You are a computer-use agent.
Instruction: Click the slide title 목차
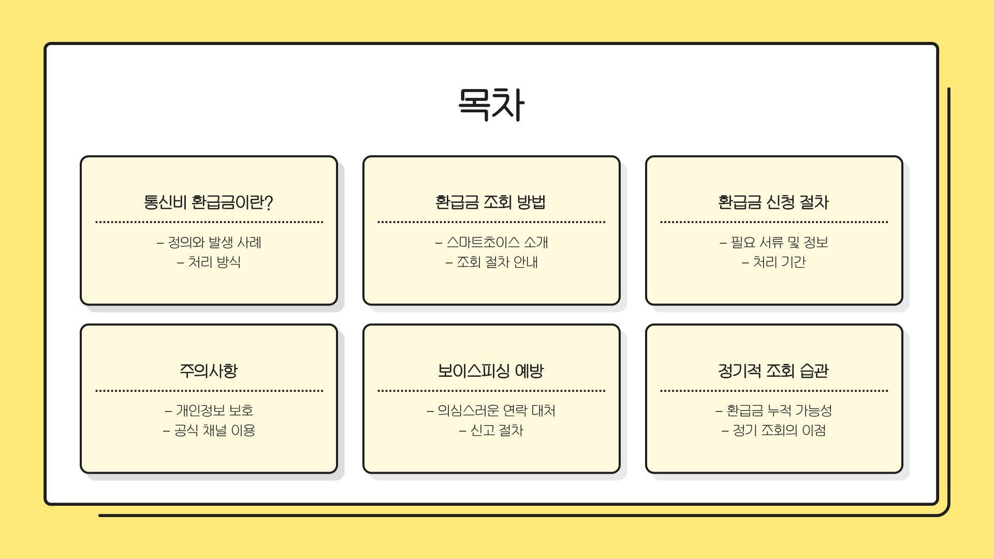pos(491,105)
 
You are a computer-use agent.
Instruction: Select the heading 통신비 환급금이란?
pos(208,202)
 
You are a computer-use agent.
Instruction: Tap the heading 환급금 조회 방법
pos(491,202)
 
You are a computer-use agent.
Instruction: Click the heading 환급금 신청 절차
pos(773,202)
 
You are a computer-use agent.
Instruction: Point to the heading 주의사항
pos(209,371)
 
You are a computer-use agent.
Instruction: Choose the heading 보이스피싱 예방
pos(491,371)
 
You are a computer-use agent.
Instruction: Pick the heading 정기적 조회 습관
pos(773,371)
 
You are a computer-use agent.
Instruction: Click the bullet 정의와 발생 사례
pos(214,242)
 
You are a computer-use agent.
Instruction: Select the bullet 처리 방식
pos(214,262)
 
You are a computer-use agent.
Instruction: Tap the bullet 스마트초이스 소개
pos(497,242)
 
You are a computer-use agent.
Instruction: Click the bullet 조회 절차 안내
pos(497,262)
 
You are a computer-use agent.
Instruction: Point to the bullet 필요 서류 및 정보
pos(779,242)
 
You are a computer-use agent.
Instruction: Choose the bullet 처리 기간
pos(779,262)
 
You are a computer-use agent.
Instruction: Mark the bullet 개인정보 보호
pos(214,410)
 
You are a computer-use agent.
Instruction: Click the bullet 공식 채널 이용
pos(214,430)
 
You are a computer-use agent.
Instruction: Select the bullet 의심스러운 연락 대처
pos(496,410)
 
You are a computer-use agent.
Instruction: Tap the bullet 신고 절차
pos(496,430)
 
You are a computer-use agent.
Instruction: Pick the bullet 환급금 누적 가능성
pos(779,410)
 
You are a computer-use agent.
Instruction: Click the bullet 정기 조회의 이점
pos(779,430)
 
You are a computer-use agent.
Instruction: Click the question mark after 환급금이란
pos(268,202)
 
